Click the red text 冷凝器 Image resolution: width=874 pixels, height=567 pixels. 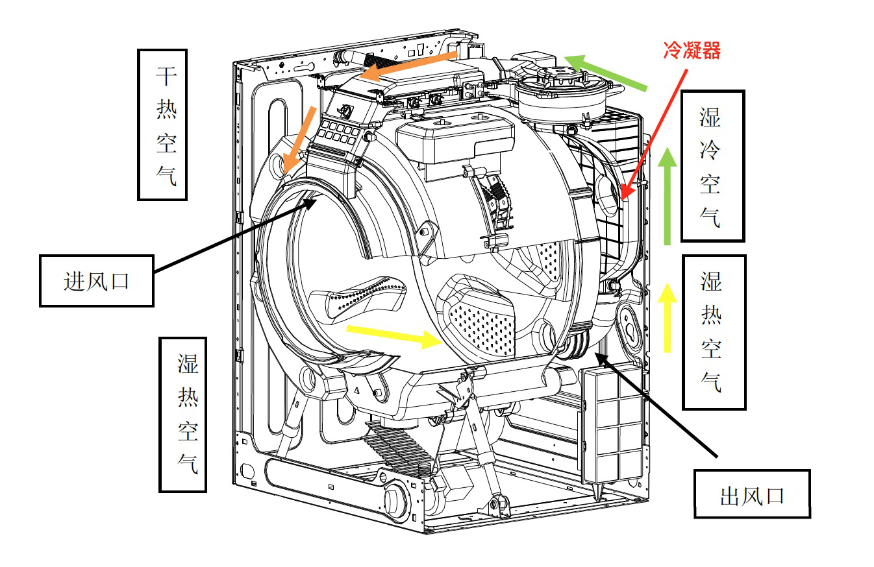coord(692,51)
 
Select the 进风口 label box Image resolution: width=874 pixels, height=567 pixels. coord(97,281)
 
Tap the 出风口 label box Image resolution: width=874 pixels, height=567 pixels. coord(752,494)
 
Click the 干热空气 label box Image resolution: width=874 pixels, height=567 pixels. coord(162,125)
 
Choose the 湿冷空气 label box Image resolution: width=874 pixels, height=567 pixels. coord(712,166)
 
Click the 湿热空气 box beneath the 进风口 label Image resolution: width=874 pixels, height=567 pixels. coord(183,415)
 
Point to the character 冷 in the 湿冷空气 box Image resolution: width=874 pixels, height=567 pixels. coord(710,151)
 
